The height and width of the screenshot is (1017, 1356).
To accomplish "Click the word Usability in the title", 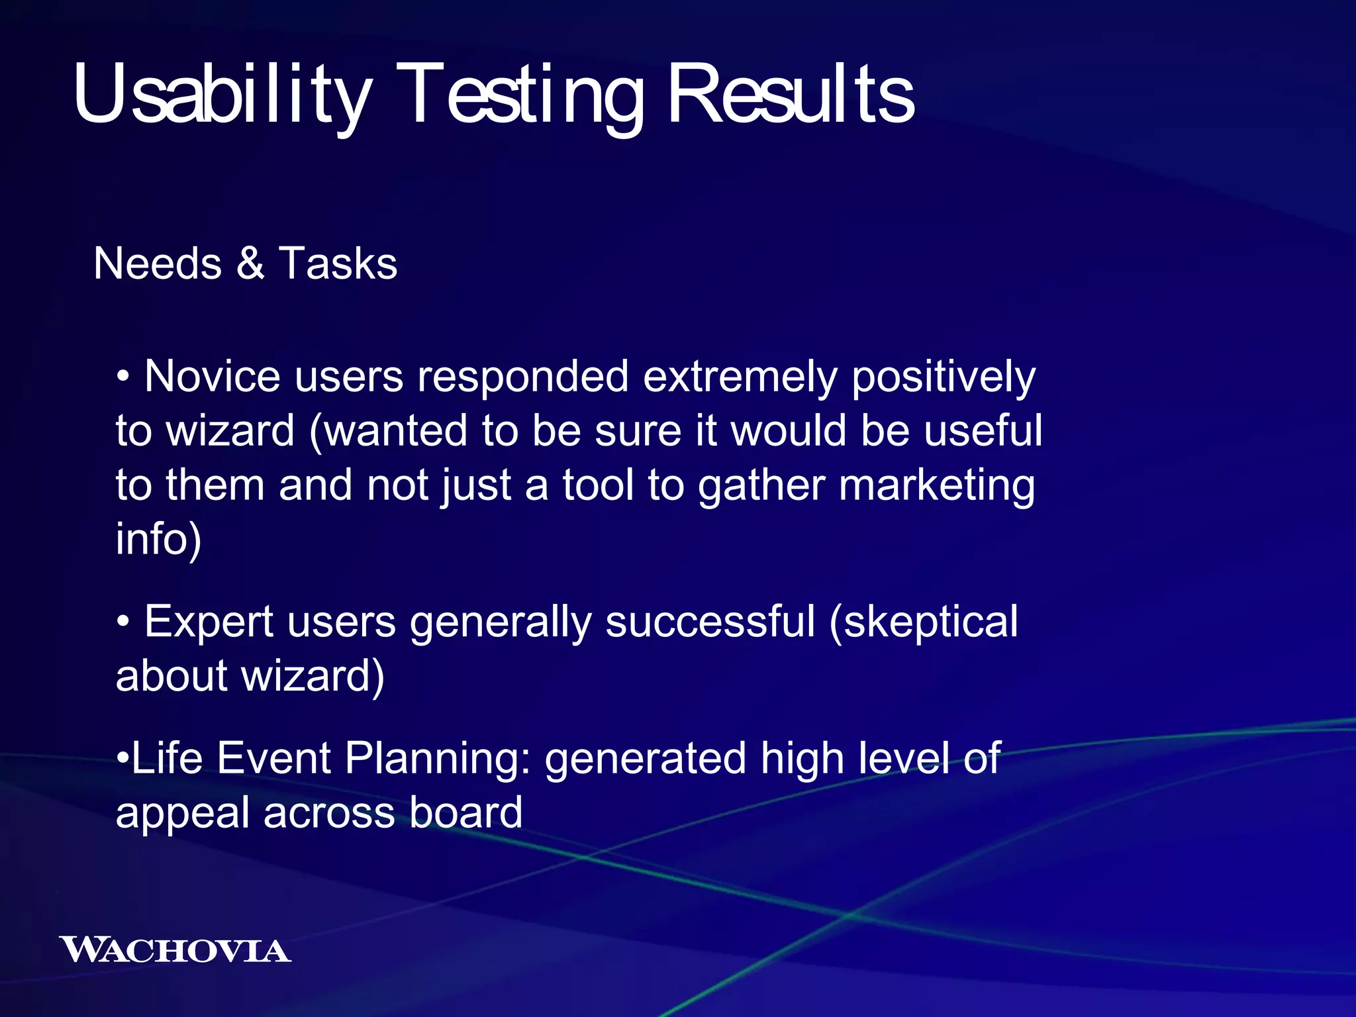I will click(222, 94).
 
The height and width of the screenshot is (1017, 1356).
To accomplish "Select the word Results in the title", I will click(791, 94).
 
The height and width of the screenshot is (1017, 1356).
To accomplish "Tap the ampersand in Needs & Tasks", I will click(250, 264).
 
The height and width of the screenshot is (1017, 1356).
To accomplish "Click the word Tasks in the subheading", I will click(338, 264).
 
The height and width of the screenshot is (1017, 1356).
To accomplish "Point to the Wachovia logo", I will click(175, 950).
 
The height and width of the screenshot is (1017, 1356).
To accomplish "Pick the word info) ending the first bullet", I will click(158, 539).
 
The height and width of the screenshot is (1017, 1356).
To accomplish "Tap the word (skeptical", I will click(924, 622).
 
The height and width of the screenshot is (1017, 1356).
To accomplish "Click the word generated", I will click(645, 757).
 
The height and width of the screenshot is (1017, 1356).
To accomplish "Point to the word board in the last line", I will click(465, 812).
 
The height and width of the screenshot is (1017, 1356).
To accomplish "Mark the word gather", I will click(761, 486).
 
